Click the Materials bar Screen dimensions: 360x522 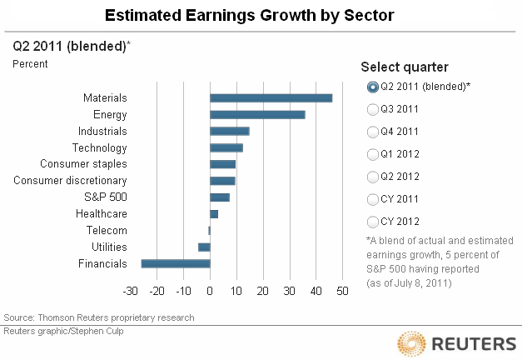click(x=271, y=98)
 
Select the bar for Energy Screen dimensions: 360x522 click(x=257, y=115)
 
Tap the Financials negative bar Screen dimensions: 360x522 click(x=176, y=263)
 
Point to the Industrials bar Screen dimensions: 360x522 click(x=229, y=131)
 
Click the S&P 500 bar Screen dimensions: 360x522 click(x=220, y=197)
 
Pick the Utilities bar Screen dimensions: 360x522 click(x=204, y=247)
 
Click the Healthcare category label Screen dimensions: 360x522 click(x=101, y=214)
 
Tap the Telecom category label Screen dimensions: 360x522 click(x=107, y=231)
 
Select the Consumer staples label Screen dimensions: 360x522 click(x=83, y=164)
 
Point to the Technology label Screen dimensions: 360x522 click(x=99, y=147)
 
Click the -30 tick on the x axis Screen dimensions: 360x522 click(x=130, y=291)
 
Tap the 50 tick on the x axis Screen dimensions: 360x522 click(x=342, y=291)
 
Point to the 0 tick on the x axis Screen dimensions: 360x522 click(x=210, y=291)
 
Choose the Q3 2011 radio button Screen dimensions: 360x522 click(x=372, y=109)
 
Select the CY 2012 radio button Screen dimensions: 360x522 click(x=372, y=221)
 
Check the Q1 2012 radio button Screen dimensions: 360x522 click(x=372, y=154)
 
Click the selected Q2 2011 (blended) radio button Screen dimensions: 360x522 click(x=372, y=87)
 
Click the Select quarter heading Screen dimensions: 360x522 click(x=405, y=67)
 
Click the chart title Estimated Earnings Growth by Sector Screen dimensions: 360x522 click(x=261, y=16)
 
